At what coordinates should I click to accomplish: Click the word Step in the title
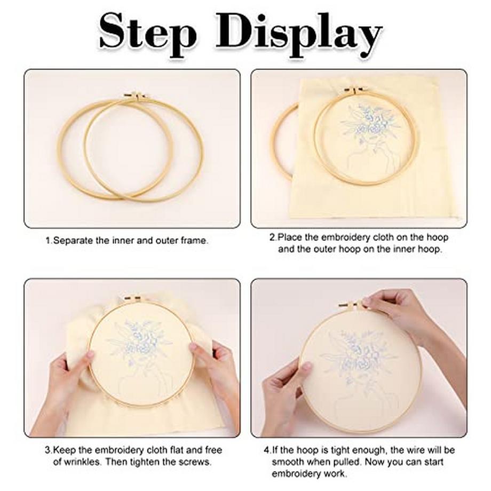pyautogui.click(x=147, y=33)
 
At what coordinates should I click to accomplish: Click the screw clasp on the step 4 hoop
pyautogui.click(x=351, y=304)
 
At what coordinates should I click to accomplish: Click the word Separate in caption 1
pyautogui.click(x=73, y=241)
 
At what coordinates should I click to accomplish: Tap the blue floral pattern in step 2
pyautogui.click(x=369, y=125)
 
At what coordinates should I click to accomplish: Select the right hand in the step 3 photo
pyautogui.click(x=216, y=376)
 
